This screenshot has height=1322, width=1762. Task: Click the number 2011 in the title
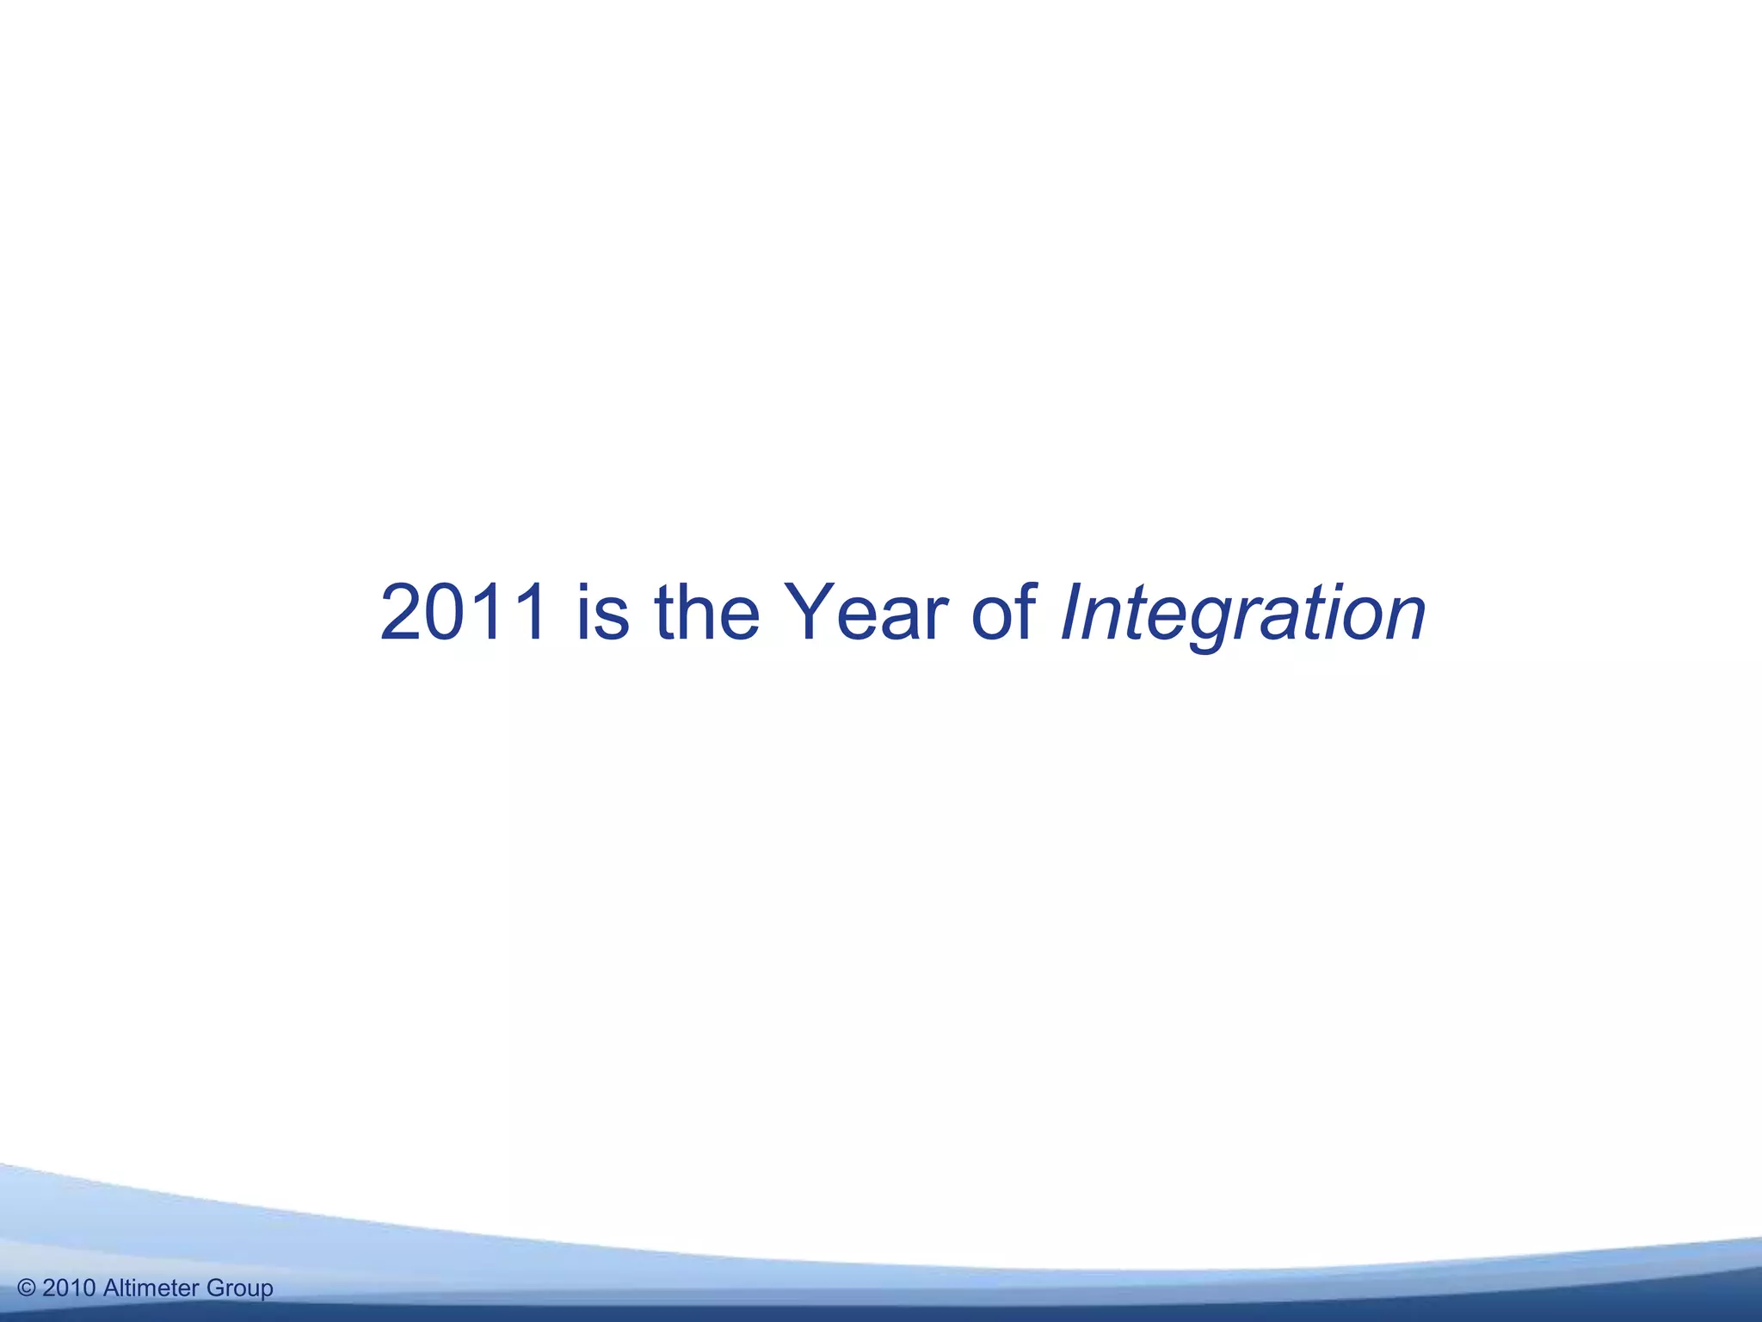462,612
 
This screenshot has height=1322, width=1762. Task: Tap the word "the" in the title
707,612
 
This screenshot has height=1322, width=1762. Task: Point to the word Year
867,612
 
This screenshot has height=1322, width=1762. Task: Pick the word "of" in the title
1004,612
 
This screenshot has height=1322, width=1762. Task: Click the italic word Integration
1243,614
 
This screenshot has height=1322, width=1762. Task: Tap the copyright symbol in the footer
27,1288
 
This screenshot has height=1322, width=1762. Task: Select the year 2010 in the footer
69,1288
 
